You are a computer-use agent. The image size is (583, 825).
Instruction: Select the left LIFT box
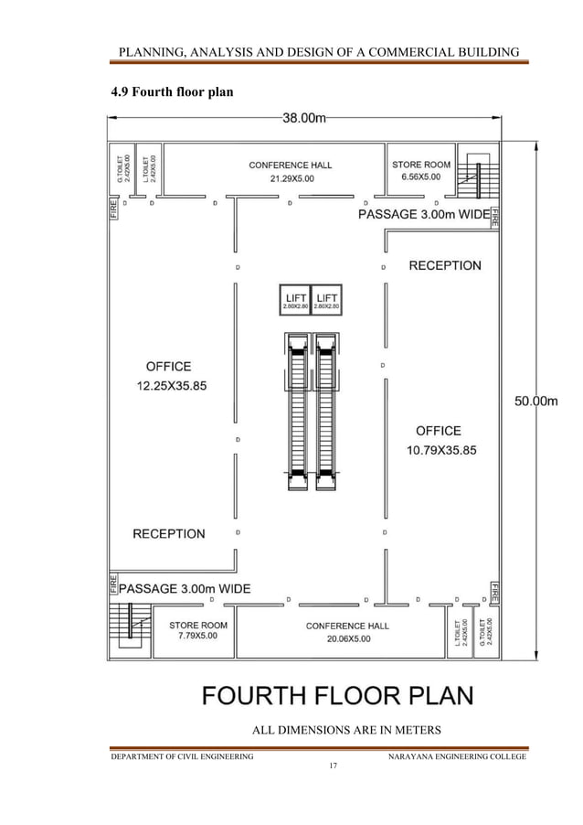click(295, 300)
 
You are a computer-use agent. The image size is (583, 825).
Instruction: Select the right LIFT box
click(326, 300)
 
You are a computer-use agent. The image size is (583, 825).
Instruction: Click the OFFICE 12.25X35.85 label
click(171, 376)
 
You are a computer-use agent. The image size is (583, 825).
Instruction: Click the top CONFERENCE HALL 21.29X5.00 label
click(290, 172)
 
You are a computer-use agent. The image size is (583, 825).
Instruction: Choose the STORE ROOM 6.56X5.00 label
click(420, 171)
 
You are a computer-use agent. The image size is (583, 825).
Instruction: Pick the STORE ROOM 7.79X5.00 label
click(197, 631)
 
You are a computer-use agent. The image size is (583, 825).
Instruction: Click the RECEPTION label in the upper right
click(444, 265)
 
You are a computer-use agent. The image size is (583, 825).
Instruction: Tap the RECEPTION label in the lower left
click(169, 533)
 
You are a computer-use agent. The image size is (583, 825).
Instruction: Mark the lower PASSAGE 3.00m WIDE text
click(185, 587)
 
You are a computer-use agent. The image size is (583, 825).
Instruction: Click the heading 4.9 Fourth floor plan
click(171, 91)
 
